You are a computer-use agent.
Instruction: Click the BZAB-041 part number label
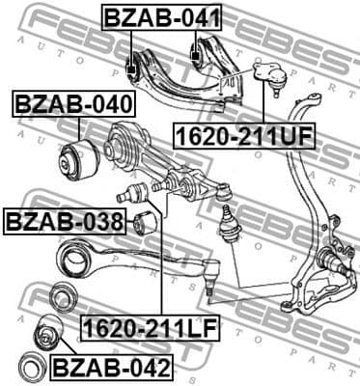[163, 16]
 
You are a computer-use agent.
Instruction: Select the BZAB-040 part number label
[73, 103]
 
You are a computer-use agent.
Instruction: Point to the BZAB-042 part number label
[111, 368]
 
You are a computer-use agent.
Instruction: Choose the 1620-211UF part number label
[243, 134]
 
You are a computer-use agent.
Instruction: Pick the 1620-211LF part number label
[150, 329]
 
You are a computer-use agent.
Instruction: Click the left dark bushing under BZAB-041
[133, 68]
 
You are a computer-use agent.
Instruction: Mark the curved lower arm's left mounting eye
[70, 255]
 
